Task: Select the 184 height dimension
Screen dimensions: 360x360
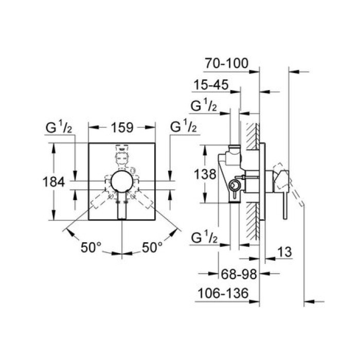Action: coord(53,182)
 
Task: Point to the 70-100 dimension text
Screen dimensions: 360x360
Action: coord(226,64)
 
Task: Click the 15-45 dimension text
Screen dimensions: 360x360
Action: coord(211,85)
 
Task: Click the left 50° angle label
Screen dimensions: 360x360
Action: coord(91,247)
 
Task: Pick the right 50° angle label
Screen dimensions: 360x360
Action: coord(152,247)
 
